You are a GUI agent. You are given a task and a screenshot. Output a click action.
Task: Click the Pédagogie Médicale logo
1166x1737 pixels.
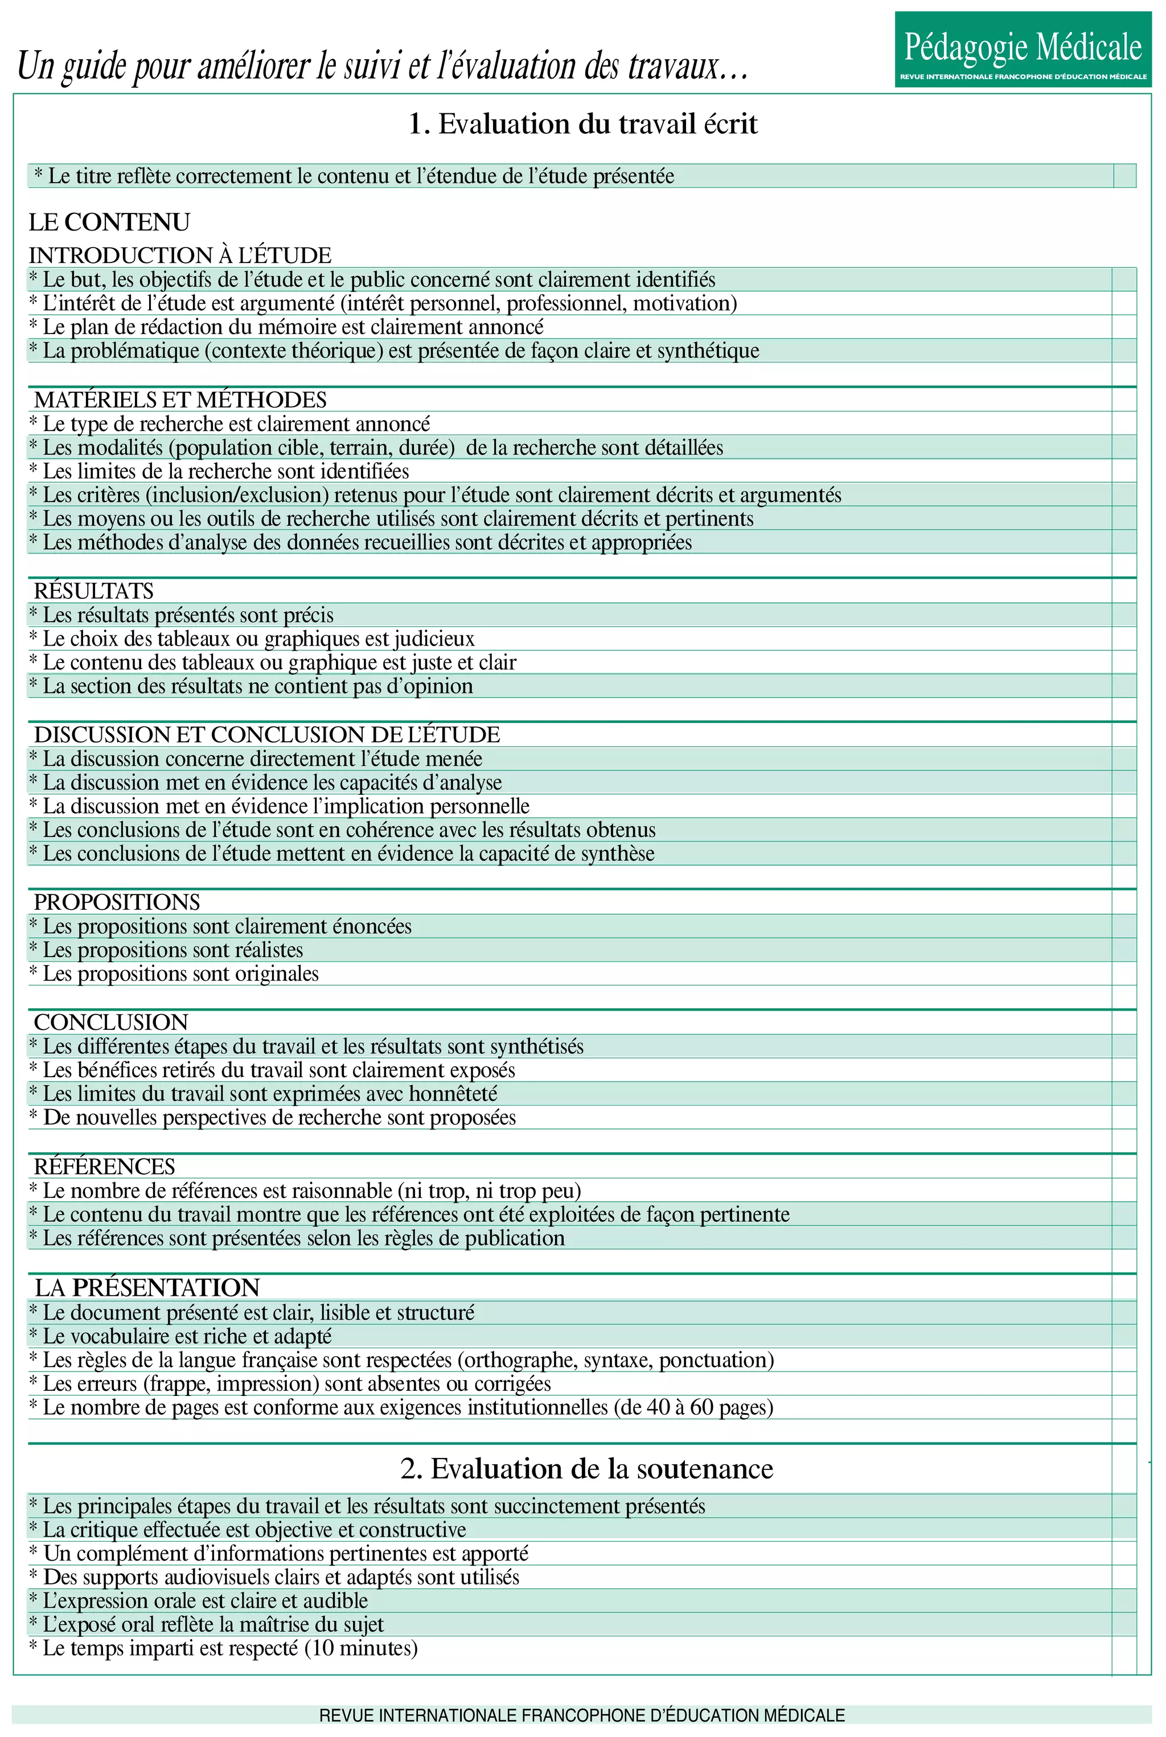pos(1023,49)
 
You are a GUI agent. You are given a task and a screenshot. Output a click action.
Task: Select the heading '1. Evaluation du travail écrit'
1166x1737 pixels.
pos(583,124)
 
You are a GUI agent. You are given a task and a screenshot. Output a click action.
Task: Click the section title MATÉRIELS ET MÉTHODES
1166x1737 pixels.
pos(180,400)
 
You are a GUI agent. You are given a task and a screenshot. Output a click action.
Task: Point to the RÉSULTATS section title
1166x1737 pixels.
pos(94,591)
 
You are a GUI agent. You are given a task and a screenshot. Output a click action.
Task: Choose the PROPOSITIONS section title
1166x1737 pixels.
pos(117,902)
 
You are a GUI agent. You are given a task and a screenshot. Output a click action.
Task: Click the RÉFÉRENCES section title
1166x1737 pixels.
pos(104,1167)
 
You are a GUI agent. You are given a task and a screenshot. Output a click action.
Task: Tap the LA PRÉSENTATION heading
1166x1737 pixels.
pos(147,1288)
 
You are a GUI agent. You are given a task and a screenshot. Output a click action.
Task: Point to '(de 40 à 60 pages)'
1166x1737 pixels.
pos(694,1407)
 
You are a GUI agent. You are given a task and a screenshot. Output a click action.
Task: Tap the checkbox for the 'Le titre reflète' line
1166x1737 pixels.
pos(1124,176)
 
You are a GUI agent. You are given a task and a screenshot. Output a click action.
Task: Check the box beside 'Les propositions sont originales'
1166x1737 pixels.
pos(1124,974)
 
